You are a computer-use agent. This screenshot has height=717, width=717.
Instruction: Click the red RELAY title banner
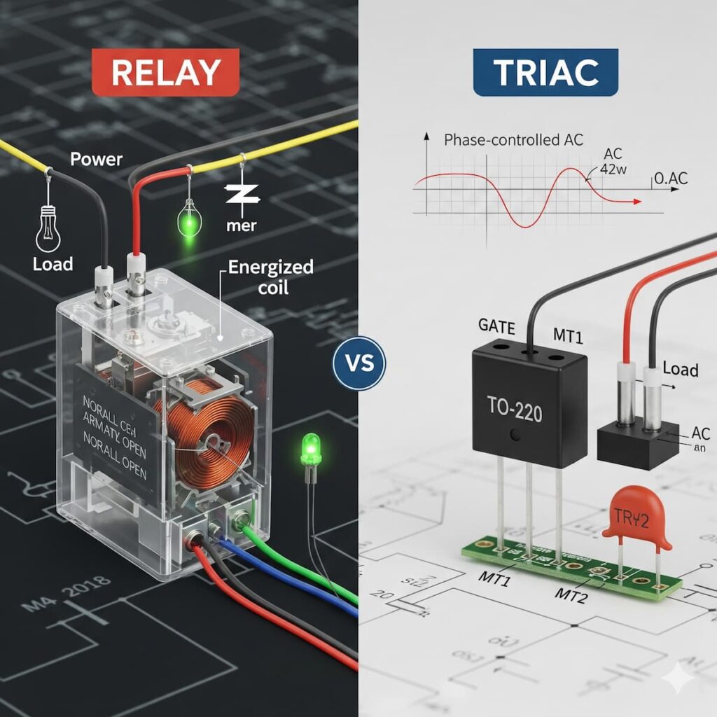click(165, 71)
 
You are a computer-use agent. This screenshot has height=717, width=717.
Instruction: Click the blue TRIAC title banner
click(546, 71)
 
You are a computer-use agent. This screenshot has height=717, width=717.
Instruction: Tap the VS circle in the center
click(359, 363)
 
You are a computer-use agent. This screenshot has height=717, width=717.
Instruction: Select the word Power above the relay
click(97, 160)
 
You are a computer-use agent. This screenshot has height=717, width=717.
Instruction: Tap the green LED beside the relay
click(309, 448)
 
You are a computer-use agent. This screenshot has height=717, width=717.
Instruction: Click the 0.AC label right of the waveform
click(670, 179)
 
